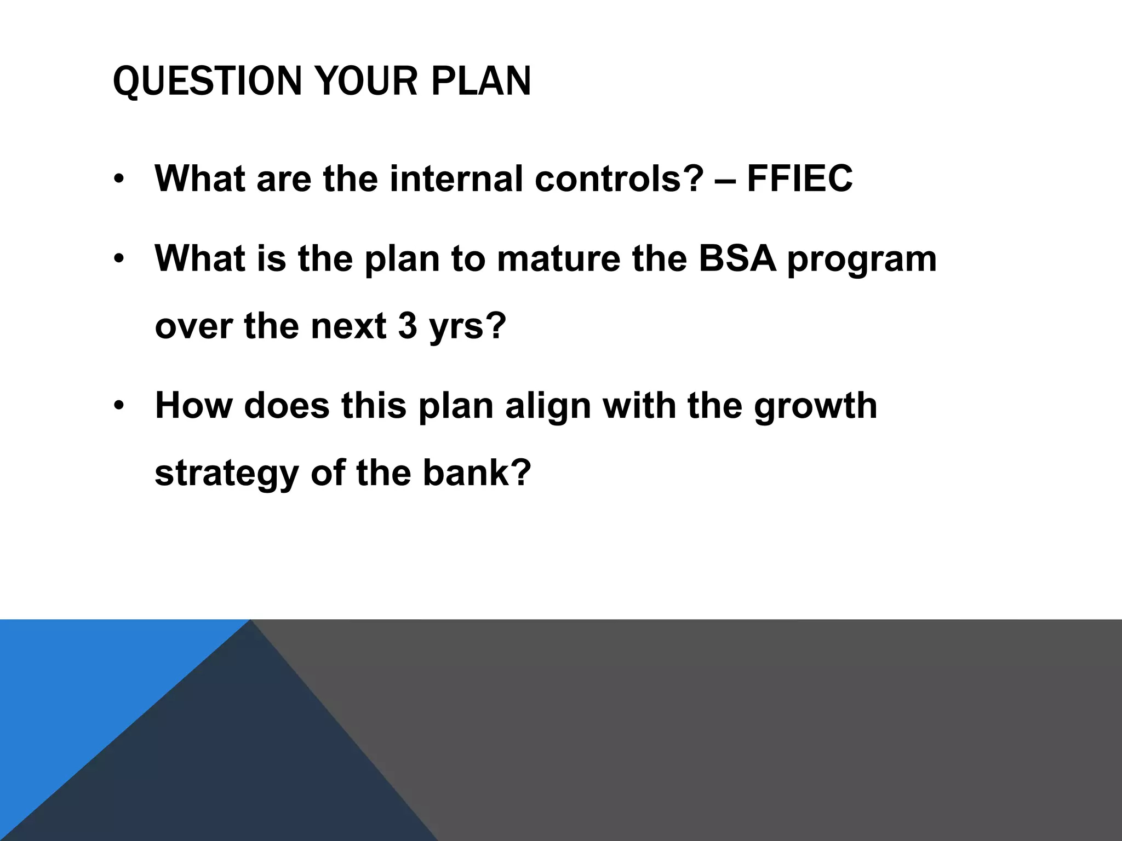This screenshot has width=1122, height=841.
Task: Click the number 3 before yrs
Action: click(408, 326)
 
